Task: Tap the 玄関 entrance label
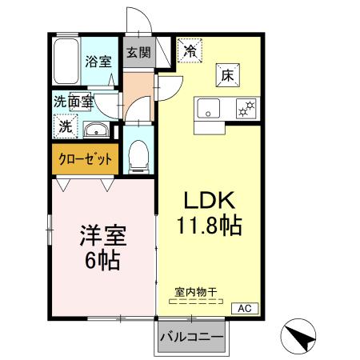coord(138,54)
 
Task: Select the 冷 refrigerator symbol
coord(190,51)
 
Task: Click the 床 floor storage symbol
coord(227,78)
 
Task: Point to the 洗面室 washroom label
coord(74,102)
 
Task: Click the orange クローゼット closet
coord(85,158)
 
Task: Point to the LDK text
coord(209,198)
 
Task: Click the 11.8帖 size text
coord(210,227)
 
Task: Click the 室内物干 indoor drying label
coord(197,292)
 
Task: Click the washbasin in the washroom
coord(97,130)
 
